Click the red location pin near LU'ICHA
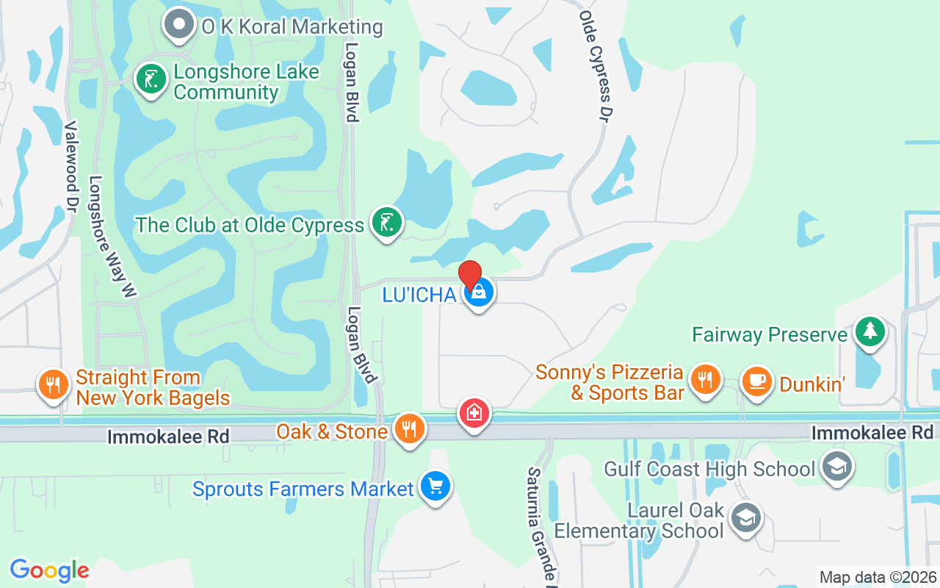pos(470,275)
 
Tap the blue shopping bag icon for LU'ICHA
pos(479,293)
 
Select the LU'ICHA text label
pos(419,295)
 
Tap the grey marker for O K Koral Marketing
pos(178,24)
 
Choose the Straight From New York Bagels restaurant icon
pos(52,384)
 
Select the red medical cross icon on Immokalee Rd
pos(474,413)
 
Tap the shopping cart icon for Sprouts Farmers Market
pos(435,487)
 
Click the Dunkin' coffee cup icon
pos(756,381)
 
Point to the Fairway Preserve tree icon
pos(870,332)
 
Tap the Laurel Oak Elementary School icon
pos(747,518)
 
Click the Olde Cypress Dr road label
pos(596,66)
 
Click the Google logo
pos(49,570)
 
